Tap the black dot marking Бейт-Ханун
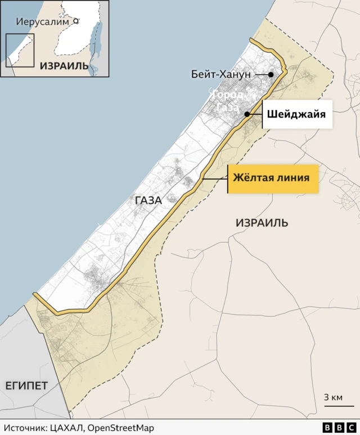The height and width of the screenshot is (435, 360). pos(271,75)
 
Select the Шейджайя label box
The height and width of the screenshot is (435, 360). pos(296,114)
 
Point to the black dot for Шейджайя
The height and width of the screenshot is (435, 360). pos(247,114)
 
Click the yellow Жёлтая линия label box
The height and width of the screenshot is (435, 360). pos(272,178)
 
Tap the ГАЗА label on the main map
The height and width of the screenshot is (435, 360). pos(148,200)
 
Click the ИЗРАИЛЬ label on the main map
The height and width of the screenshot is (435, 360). pos(262,223)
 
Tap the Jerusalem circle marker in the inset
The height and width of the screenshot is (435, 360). pos(75,23)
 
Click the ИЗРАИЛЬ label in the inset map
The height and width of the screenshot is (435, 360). pos(64,66)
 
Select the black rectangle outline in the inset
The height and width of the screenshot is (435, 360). pos(20,50)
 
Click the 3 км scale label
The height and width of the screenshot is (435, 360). pos(333,398)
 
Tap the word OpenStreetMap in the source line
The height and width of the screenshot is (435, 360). pos(119,428)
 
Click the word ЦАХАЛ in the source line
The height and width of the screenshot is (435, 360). pos(67,428)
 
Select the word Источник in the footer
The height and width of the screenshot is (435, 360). pos(25,428)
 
